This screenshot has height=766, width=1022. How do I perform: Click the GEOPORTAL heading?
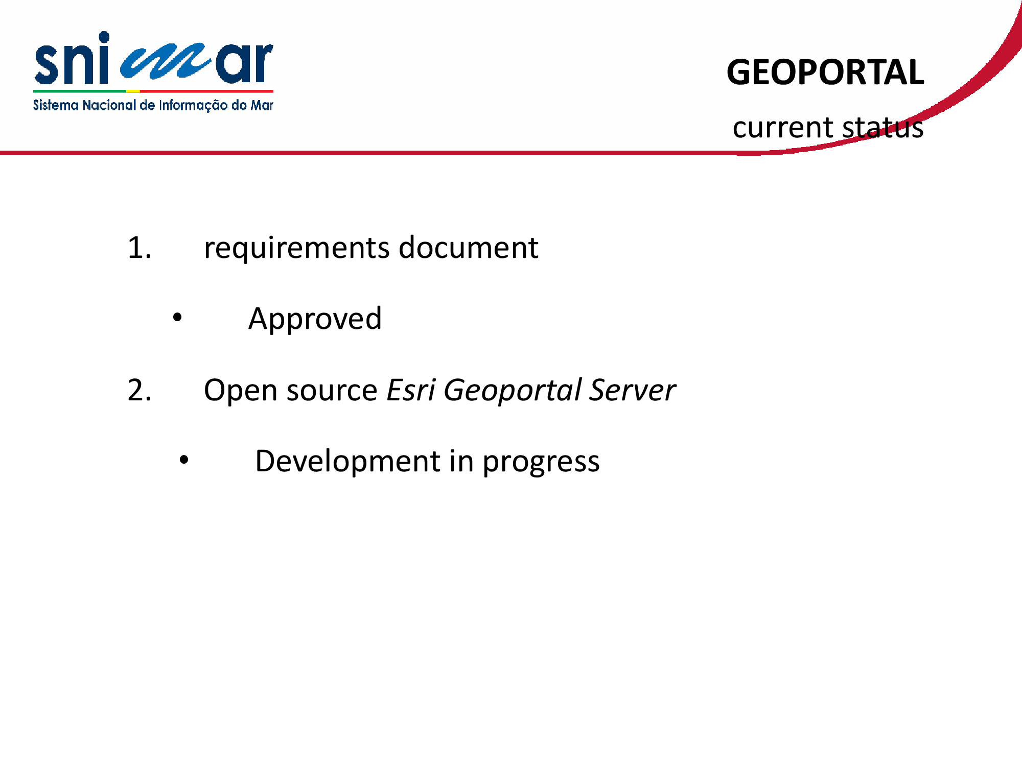pyautogui.click(x=825, y=72)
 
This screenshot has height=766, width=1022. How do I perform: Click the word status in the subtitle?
pyautogui.click(x=883, y=128)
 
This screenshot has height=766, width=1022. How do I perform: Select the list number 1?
pyautogui.click(x=140, y=248)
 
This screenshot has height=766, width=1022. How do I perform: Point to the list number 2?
pyautogui.click(x=140, y=391)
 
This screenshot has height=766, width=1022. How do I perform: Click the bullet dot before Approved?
pyautogui.click(x=177, y=318)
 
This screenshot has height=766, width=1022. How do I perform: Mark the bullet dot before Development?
pyautogui.click(x=184, y=460)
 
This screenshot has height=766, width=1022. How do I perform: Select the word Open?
pyautogui.click(x=241, y=392)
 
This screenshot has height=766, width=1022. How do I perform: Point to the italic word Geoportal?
pyautogui.click(x=513, y=392)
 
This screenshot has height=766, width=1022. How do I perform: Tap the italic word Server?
pyautogui.click(x=633, y=391)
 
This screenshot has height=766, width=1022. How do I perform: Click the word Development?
pyautogui.click(x=348, y=462)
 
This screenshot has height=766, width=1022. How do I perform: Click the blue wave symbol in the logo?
pyautogui.click(x=165, y=61)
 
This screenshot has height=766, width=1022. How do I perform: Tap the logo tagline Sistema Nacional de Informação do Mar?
pyautogui.click(x=153, y=106)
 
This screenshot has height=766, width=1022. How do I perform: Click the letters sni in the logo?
pyautogui.click(x=72, y=58)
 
